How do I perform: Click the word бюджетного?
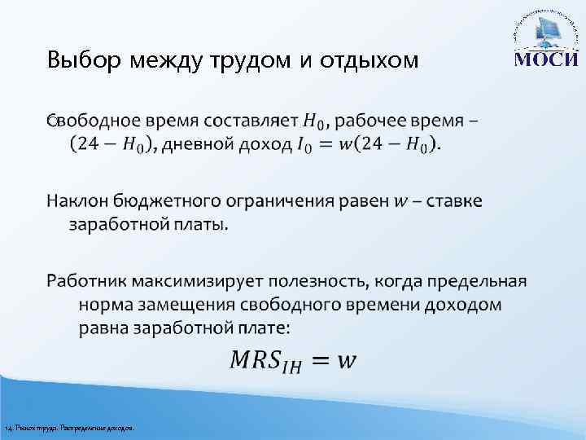(173, 201)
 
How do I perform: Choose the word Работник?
(88, 282)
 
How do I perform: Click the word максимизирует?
(208, 282)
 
